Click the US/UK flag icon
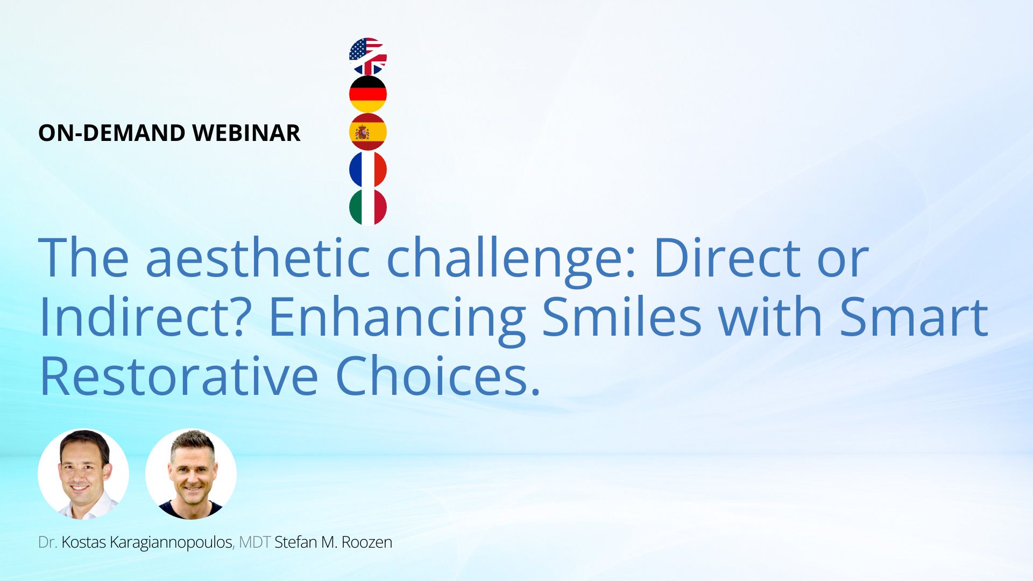(368, 56)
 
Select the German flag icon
(368, 94)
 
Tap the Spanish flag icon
(368, 132)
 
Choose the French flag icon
(368, 169)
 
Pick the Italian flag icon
(368, 207)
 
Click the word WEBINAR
(246, 133)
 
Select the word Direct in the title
(727, 257)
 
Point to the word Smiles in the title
(621, 316)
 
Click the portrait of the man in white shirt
(83, 474)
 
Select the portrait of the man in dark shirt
(191, 474)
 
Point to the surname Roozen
(367, 542)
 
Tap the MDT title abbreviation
(254, 542)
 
